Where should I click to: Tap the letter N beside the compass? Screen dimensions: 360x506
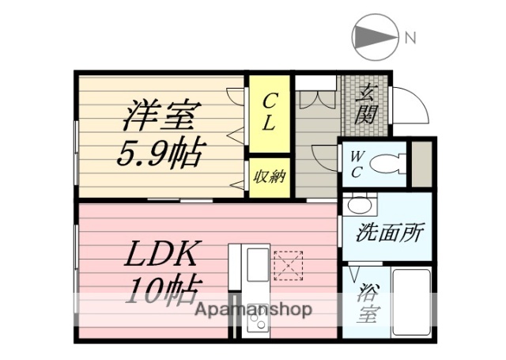pos(410,36)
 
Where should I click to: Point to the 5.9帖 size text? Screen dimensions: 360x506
pos(157,150)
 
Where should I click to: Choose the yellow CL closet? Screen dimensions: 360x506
pos(270,113)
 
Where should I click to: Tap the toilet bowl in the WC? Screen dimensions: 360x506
pos(387,164)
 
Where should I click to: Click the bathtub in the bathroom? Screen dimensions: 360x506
pos(411,305)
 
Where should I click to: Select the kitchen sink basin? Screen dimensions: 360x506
pos(257,267)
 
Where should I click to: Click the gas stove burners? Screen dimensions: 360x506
pos(257,320)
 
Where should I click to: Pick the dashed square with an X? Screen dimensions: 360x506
pos(288,265)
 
